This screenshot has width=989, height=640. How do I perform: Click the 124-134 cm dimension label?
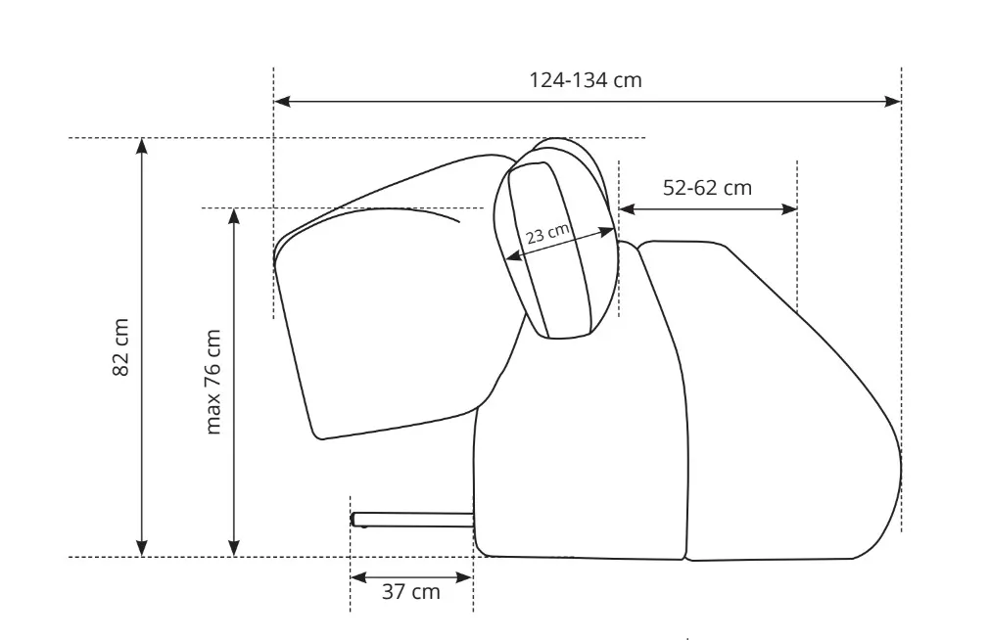point(586,80)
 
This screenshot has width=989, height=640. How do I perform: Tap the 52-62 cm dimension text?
point(707,187)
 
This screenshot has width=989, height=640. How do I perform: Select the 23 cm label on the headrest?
point(547,233)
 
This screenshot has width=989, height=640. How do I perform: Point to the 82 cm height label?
point(120,347)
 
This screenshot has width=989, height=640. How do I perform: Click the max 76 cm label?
point(212,382)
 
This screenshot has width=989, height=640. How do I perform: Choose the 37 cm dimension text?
point(410,591)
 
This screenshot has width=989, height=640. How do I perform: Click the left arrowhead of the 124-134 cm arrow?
point(282,101)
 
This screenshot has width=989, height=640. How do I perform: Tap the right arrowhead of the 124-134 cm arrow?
point(893,101)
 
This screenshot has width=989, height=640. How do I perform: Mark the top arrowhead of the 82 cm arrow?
point(142,146)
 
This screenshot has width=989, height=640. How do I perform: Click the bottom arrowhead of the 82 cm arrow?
point(142,549)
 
